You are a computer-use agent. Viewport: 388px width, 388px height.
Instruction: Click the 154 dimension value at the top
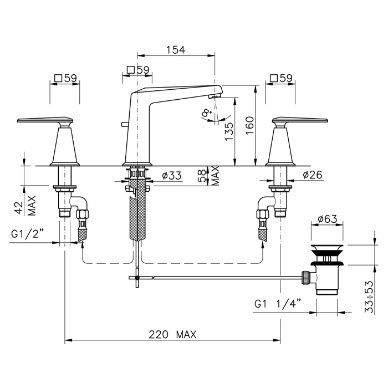pos(176,50)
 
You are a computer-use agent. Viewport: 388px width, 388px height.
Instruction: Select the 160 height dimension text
pos(250,125)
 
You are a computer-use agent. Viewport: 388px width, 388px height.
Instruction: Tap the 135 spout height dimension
pos(229,131)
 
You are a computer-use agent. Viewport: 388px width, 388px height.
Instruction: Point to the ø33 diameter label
pos(172,176)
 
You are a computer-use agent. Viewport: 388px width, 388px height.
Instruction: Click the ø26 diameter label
pos(313,175)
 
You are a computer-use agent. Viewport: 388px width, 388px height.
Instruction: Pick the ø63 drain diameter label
pos(328,219)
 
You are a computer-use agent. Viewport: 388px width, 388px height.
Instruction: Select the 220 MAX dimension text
pos(172,335)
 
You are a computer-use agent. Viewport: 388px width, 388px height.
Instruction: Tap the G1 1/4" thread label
pos(278,303)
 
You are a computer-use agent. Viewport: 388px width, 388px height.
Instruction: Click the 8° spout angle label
pos(206,114)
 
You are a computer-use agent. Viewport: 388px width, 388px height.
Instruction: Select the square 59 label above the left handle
pos(66,78)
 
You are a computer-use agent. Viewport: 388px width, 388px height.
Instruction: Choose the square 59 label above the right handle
pos(281,78)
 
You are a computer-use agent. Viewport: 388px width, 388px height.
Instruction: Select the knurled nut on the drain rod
pos(304,278)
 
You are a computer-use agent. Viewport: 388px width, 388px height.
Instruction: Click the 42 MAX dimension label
pos(28,206)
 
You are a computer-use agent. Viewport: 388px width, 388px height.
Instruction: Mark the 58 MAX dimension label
pos(210,176)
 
